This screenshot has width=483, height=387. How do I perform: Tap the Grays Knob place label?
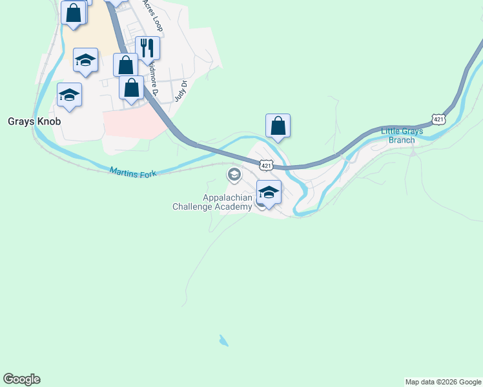click(x=34, y=121)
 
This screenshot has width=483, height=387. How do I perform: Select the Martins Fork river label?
click(x=133, y=172)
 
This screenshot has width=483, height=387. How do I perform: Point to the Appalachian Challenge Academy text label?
click(x=212, y=202)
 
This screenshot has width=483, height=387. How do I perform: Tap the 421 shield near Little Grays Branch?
click(x=438, y=120)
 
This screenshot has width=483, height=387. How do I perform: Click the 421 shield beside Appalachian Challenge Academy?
click(x=265, y=166)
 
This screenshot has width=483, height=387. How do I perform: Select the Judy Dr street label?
click(x=180, y=91)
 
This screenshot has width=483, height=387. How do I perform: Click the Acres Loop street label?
click(x=154, y=16)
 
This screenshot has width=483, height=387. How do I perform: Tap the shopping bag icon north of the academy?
click(x=278, y=126)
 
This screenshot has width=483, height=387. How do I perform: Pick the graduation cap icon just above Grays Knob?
click(x=69, y=95)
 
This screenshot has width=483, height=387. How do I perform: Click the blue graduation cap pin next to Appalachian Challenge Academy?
click(x=269, y=192)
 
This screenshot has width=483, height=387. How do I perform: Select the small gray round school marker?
click(x=233, y=175)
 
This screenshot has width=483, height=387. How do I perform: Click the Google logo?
click(x=21, y=379)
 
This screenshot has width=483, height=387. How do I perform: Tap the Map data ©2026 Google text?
click(x=443, y=382)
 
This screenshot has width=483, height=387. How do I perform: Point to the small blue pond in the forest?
click(x=223, y=341)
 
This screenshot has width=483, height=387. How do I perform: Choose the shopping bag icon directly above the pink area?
click(x=131, y=88)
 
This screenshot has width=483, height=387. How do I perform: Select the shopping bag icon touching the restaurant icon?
click(x=125, y=65)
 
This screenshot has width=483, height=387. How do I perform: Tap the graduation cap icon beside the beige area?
click(x=85, y=60)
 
